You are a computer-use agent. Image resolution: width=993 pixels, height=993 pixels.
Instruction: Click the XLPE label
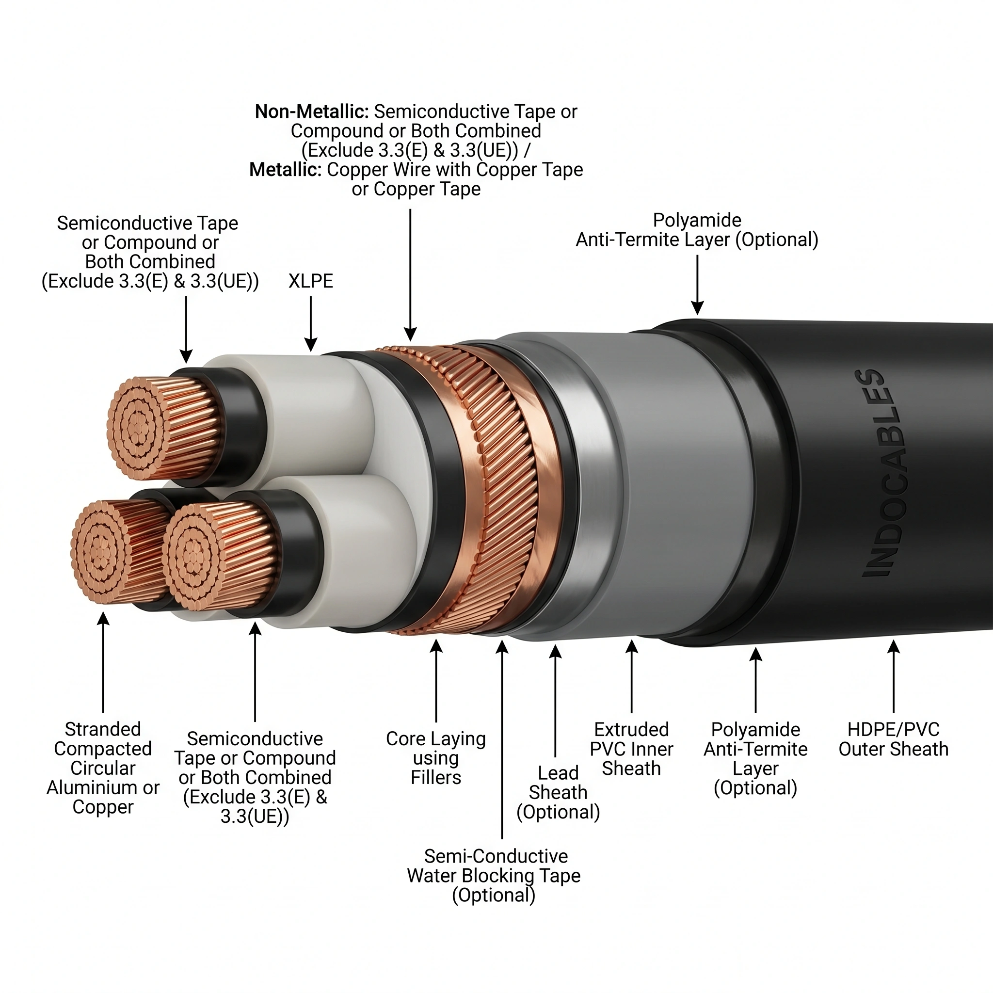[310, 281]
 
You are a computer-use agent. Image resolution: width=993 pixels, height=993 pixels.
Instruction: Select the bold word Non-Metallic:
[312, 112]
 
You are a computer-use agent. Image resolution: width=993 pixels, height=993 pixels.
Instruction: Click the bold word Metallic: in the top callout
[286, 170]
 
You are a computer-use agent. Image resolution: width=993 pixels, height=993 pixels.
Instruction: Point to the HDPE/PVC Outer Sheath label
[893, 739]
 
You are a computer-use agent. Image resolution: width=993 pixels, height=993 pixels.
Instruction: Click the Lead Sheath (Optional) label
[558, 793]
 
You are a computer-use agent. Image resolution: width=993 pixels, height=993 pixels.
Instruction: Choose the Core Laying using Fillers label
[436, 758]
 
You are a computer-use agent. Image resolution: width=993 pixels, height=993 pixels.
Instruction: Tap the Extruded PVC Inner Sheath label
[632, 749]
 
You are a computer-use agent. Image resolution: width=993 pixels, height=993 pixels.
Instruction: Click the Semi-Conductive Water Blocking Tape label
[494, 876]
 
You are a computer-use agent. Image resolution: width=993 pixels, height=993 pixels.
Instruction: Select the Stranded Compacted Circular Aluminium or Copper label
[103, 768]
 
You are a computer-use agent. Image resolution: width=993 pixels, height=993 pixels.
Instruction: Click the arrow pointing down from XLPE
[310, 324]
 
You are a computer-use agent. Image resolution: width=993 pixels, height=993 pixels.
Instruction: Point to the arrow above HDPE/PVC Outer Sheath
[894, 676]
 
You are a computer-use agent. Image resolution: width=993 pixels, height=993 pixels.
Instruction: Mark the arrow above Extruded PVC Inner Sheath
[632, 676]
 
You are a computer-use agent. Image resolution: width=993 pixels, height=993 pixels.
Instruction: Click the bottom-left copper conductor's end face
[102, 553]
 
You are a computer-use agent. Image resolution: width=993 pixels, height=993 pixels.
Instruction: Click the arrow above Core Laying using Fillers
[436, 680]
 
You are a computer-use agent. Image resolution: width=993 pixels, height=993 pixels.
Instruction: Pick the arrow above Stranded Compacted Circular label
[103, 662]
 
